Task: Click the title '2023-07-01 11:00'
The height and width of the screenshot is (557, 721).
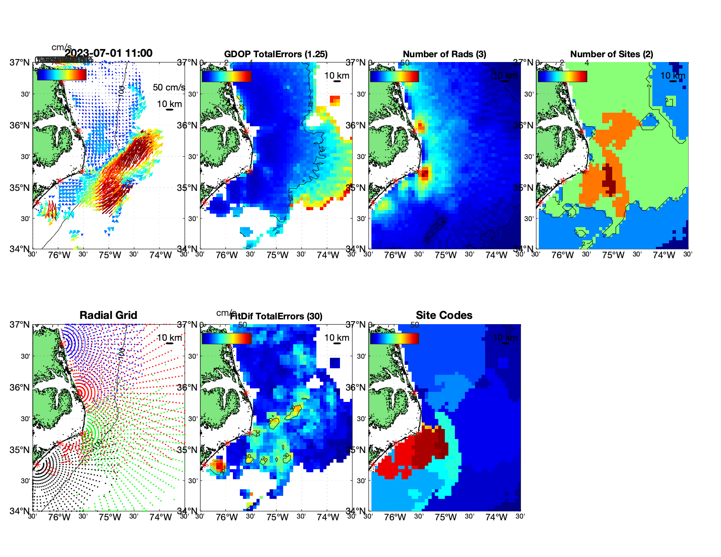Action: tap(109, 53)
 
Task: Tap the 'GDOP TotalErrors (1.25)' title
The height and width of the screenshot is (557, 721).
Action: tap(276, 54)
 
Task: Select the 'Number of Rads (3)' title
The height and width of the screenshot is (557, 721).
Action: tap(444, 54)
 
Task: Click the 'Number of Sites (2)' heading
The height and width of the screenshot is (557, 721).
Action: tap(612, 54)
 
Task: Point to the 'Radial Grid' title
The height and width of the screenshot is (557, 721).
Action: tap(108, 315)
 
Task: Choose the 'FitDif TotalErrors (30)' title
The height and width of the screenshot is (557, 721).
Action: tap(276, 316)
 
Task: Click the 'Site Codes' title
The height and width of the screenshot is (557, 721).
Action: tap(444, 315)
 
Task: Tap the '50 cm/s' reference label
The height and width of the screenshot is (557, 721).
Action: tap(169, 87)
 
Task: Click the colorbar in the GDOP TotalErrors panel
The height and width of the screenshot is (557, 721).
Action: tap(226, 76)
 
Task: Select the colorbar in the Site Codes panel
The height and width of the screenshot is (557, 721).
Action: tap(394, 338)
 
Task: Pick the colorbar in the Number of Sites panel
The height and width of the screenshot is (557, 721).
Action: tap(562, 76)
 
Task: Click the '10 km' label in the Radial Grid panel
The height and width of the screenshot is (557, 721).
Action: tap(169, 338)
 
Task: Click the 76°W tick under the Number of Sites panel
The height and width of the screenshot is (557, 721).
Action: tap(562, 256)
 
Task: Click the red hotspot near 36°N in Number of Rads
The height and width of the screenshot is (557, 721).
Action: tap(420, 127)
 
